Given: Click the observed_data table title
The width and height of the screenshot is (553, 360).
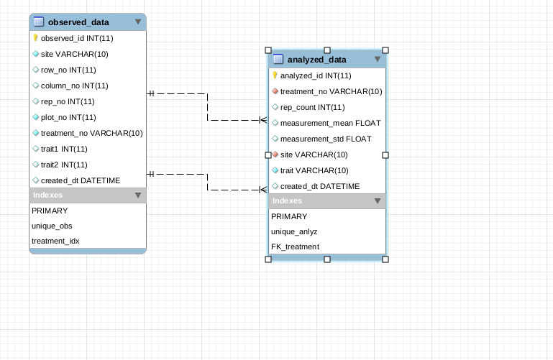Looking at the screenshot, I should [78, 22].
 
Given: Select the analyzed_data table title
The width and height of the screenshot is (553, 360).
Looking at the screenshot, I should [316, 60].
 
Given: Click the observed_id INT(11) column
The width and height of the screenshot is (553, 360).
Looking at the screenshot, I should [77, 38].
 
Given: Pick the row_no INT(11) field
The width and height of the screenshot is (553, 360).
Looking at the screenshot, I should [68, 70].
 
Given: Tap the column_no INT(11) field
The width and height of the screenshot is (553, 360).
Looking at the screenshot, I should [75, 86].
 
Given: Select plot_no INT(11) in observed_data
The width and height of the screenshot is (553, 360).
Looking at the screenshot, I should [68, 117].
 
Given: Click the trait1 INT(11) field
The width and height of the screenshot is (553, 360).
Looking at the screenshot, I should [64, 149].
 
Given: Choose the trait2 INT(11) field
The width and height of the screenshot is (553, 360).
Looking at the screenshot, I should [64, 165].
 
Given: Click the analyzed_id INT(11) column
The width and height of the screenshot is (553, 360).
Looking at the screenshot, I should [316, 75].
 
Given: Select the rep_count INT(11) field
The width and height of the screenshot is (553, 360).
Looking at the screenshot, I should [312, 107].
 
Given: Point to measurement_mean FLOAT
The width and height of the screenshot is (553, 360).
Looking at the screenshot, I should [330, 123].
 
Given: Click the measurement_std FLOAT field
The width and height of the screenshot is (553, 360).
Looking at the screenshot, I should [326, 139].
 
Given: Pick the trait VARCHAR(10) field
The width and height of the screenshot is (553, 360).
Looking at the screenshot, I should [314, 170].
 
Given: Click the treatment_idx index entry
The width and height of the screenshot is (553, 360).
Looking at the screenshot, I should [55, 241].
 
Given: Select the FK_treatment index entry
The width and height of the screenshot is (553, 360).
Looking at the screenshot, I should [295, 246].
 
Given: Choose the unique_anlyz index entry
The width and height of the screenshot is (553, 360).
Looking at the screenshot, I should [294, 231].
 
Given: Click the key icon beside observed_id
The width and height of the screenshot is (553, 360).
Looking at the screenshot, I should [35, 38].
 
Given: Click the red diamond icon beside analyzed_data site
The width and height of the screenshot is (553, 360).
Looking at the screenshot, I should [275, 154].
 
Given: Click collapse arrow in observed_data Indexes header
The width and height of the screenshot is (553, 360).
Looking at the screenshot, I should [138, 195].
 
